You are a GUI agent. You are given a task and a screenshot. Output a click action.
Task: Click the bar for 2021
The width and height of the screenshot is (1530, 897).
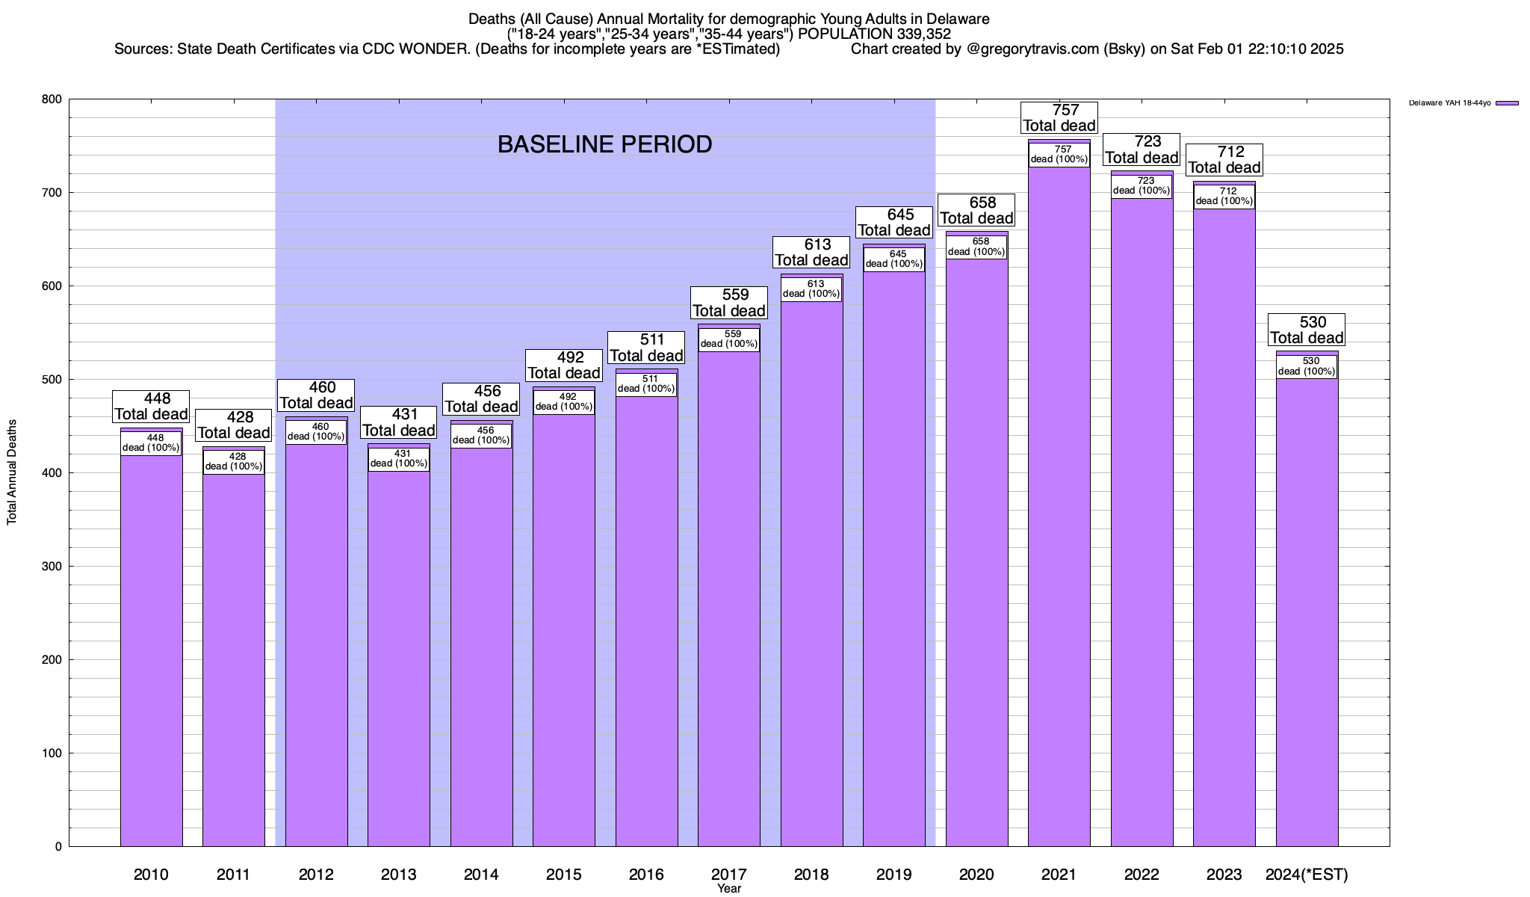[1059, 508]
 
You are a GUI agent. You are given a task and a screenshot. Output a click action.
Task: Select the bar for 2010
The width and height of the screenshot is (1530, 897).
[151, 650]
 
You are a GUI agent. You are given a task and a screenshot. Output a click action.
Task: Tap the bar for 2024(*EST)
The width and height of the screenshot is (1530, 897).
[1307, 613]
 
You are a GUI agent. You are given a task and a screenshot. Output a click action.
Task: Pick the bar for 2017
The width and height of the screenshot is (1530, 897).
[729, 598]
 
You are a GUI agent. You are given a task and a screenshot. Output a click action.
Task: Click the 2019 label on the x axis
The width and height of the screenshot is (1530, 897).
[893, 875]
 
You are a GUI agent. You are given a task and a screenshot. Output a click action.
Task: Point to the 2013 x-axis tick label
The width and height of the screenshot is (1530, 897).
[398, 875]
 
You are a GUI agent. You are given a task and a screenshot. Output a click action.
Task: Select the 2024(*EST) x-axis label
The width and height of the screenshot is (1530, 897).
[1307, 875]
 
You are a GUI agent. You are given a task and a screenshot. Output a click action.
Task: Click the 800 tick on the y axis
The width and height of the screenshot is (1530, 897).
[52, 99]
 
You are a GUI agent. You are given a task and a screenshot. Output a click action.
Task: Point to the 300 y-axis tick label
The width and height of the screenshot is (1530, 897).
[52, 567]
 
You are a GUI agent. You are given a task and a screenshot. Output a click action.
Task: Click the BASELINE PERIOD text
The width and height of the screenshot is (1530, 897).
[604, 144]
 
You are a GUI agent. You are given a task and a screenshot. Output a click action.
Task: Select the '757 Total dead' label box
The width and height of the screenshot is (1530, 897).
[1059, 118]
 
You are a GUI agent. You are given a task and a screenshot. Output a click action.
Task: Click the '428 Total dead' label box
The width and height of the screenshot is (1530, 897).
[233, 425]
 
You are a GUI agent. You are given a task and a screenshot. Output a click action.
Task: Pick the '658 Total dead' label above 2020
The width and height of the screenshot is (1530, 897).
[976, 211]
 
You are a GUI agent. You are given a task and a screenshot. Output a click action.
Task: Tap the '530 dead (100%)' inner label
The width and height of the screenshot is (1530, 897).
[1306, 366]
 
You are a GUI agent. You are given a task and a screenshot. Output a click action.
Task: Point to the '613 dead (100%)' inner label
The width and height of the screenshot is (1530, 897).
[811, 289]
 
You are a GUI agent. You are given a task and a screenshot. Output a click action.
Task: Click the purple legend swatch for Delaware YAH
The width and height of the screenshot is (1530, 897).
[1508, 103]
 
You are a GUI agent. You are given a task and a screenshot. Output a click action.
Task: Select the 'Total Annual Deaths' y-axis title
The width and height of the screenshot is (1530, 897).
[12, 472]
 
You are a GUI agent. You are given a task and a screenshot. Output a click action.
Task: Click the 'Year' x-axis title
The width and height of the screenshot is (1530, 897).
[728, 889]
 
